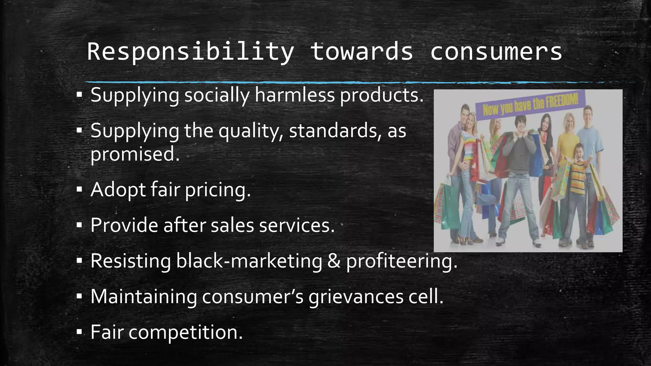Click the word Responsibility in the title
tap(190, 51)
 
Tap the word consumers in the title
tap(496, 51)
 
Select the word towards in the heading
tap(362, 51)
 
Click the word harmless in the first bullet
tap(295, 95)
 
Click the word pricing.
tap(218, 190)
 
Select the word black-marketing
tap(249, 261)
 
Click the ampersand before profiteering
tap(334, 261)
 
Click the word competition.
tap(186, 332)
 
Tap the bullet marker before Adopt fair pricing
tap(79, 190)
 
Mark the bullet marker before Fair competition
tap(79, 333)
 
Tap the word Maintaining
tap(143, 296)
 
